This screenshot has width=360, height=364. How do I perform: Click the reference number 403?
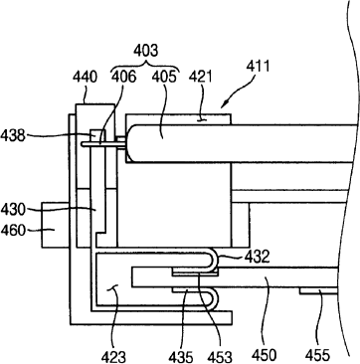tap(146, 51)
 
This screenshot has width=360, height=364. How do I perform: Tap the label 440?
tap(86, 77)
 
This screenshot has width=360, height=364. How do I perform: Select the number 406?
tap(123, 77)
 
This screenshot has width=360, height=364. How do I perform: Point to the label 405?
tap(164, 77)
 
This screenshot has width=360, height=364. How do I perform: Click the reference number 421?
tap(200, 77)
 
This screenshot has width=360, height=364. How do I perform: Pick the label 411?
tap(258, 67)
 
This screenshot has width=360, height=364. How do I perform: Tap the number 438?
tap(13, 136)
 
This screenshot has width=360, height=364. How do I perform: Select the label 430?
tap(13, 210)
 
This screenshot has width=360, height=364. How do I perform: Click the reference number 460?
tap(13, 231)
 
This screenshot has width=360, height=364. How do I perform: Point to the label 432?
tap(258, 257)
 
